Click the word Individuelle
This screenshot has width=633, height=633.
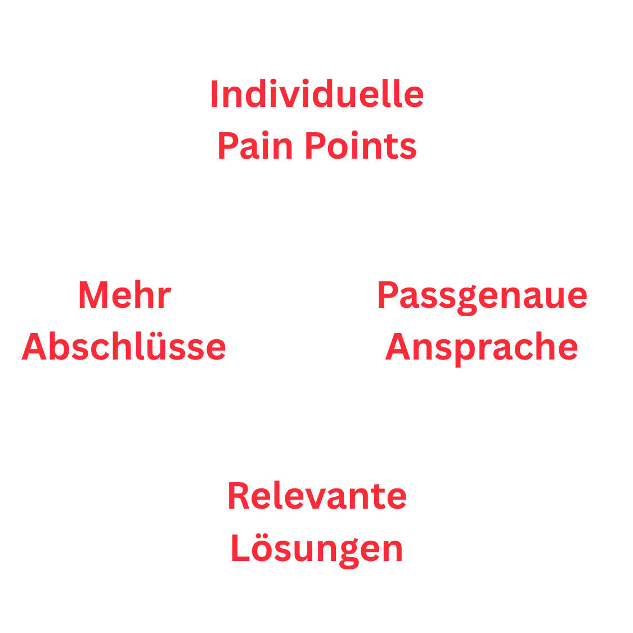tap(317, 93)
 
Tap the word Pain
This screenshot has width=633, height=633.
tap(255, 145)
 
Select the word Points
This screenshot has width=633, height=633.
tap(361, 145)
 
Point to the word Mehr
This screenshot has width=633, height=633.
tap(125, 294)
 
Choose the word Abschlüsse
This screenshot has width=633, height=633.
tap(124, 346)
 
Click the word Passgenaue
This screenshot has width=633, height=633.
tap(482, 297)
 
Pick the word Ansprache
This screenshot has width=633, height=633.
tap(481, 348)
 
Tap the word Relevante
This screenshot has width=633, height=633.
tap(317, 495)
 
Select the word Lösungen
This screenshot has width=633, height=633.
tap(317, 550)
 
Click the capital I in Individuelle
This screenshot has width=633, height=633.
tap(214, 93)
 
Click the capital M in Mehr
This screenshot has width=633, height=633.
tap(93, 294)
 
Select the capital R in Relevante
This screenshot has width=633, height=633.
tap(239, 495)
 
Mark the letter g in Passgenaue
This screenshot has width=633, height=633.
tap(468, 300)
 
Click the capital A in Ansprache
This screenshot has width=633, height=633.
tap(398, 346)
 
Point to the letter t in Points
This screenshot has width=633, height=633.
tap(390, 146)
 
